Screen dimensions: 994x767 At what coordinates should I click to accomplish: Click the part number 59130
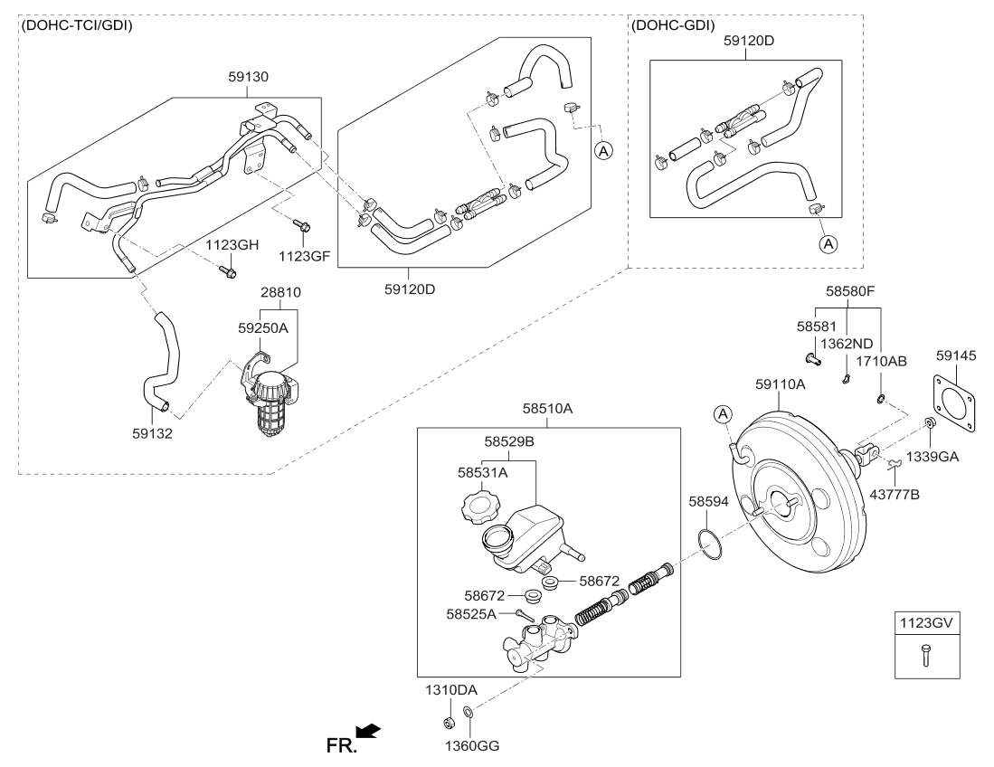click(x=249, y=77)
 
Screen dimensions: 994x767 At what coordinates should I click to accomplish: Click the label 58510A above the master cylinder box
click(x=547, y=409)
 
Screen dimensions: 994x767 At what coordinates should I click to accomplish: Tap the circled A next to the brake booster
click(x=723, y=414)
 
